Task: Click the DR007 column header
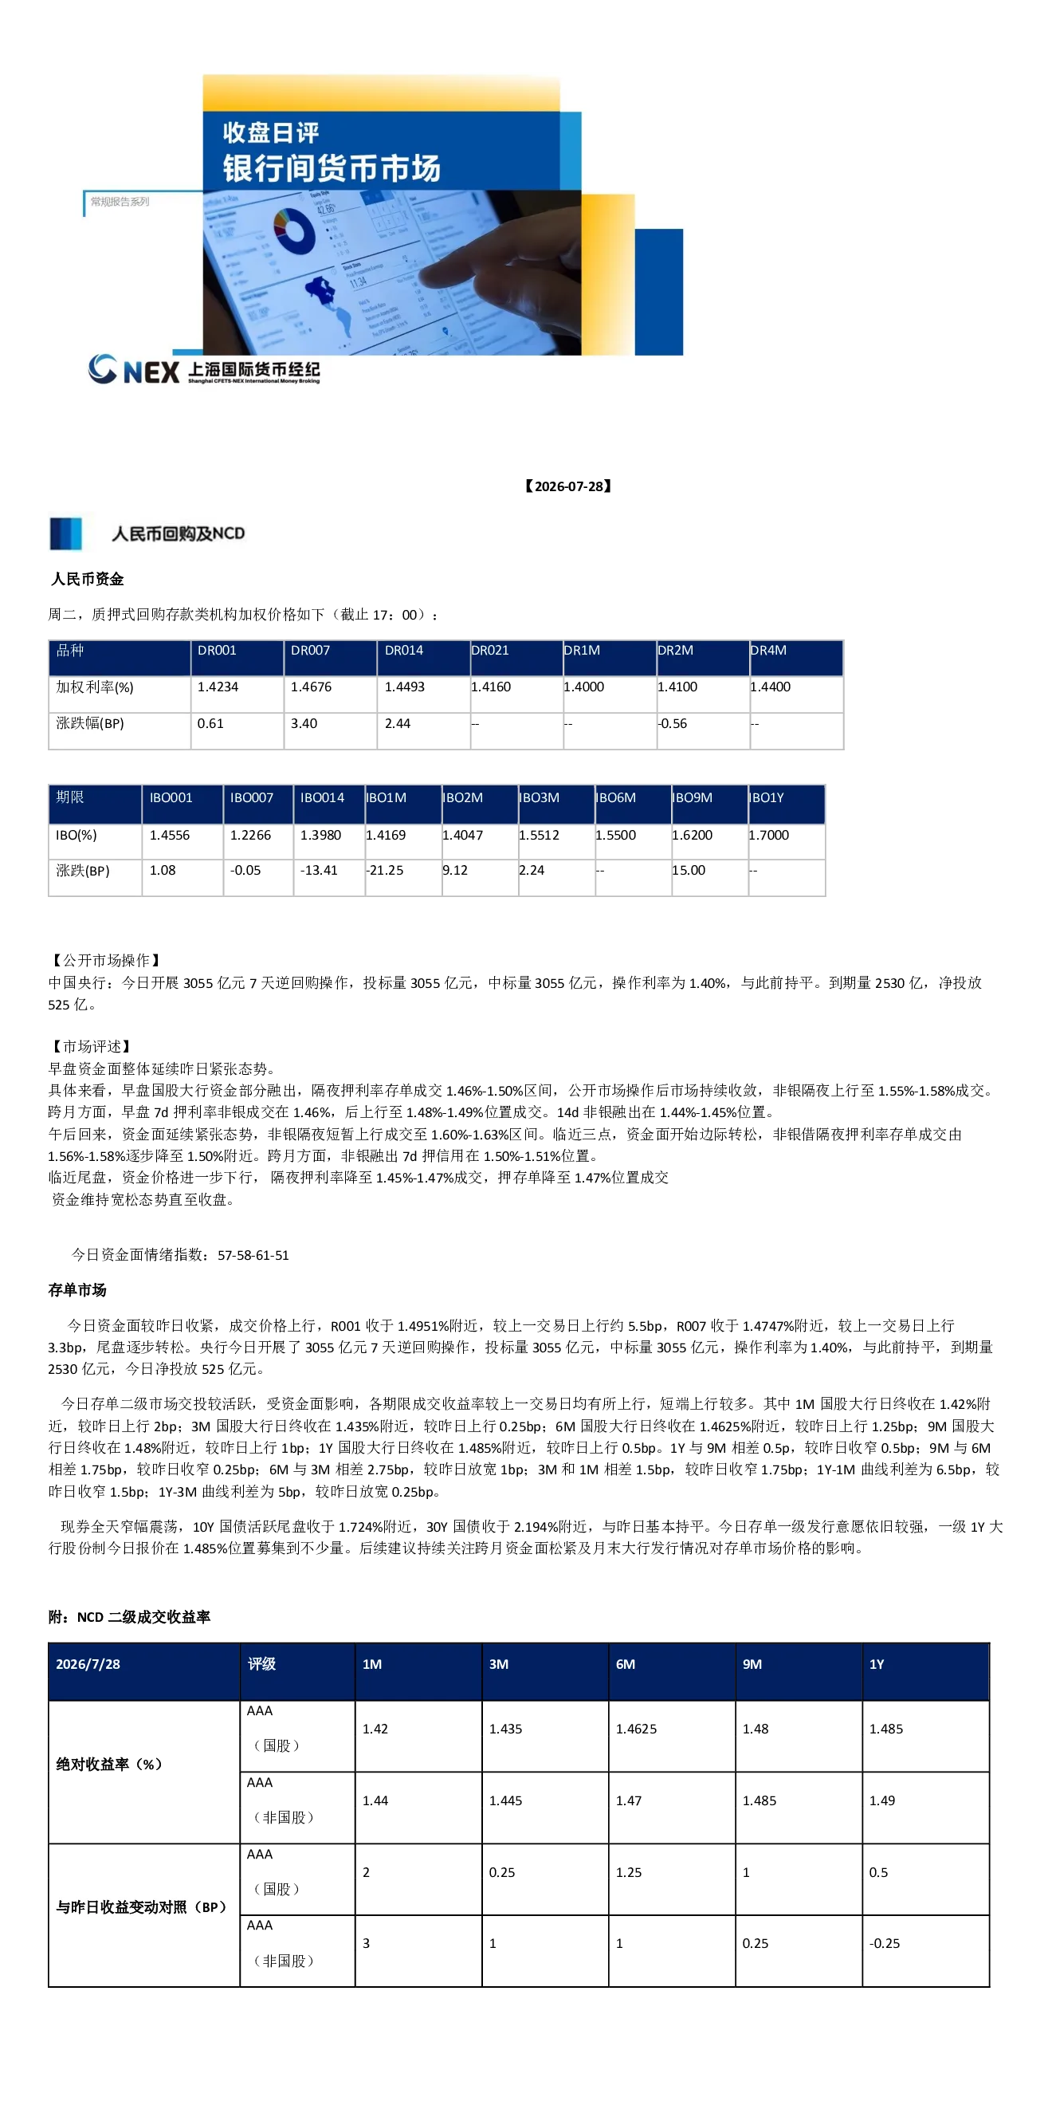click(310, 651)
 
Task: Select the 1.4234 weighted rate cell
click(218, 687)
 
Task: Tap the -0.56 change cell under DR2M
click(672, 724)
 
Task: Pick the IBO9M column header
click(692, 797)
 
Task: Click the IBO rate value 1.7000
click(768, 835)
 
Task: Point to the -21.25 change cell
click(385, 870)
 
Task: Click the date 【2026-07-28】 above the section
click(568, 486)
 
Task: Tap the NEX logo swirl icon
click(103, 369)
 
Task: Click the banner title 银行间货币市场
click(332, 168)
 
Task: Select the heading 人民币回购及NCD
click(178, 533)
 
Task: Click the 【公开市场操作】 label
click(105, 960)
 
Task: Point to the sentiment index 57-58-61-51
click(253, 1255)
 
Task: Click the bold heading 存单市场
click(77, 1290)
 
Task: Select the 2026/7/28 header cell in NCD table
click(88, 1665)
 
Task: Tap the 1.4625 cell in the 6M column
click(636, 1729)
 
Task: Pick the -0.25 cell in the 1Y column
click(885, 1943)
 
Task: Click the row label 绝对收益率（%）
click(109, 1765)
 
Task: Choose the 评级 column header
click(261, 1665)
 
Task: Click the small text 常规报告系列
click(120, 202)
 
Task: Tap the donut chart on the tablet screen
click(294, 230)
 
